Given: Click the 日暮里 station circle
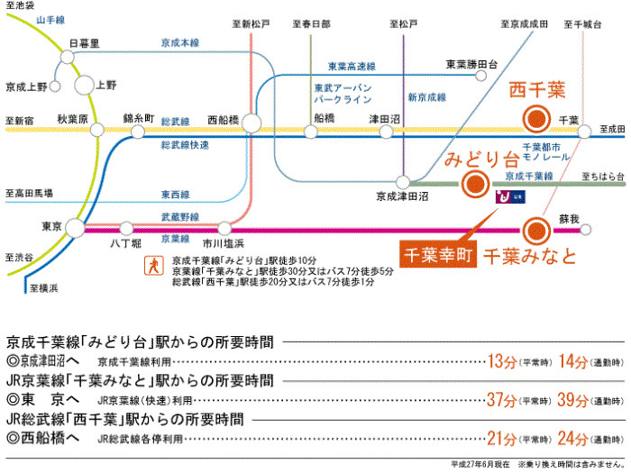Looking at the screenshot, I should tap(67, 57).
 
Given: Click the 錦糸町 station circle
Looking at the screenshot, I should tap(138, 132).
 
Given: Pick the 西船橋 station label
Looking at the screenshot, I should tap(224, 117).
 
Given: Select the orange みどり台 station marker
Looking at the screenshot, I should tap(471, 186).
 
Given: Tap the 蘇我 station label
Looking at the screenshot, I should tap(568, 218).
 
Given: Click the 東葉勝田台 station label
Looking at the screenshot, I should tap(472, 64).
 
